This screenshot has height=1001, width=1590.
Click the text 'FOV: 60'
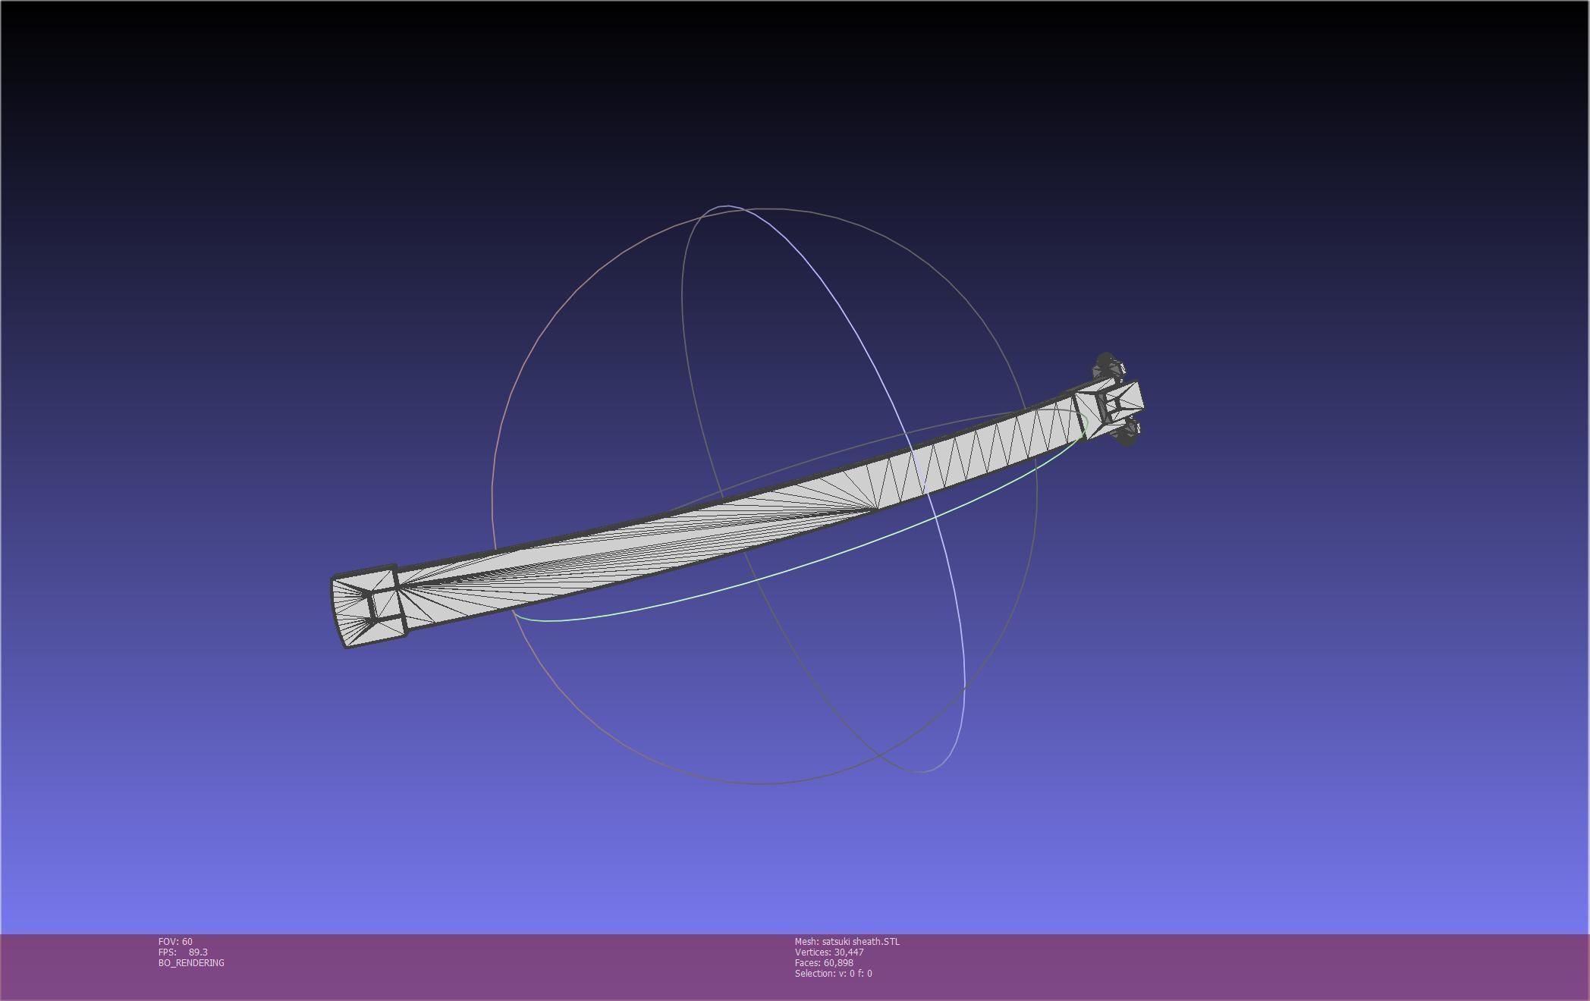point(175,941)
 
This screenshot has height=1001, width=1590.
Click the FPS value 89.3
point(198,952)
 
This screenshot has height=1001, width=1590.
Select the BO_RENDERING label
point(191,962)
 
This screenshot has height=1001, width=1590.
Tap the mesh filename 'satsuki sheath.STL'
point(860,941)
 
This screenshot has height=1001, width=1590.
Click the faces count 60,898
point(838,962)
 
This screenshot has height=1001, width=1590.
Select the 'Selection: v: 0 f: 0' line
point(833,973)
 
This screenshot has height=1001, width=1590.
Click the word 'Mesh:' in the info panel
point(806,941)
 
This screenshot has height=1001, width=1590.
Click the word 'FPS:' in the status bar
point(167,952)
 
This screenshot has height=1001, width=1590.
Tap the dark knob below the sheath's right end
point(1127,434)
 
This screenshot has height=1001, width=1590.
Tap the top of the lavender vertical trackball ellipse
point(726,206)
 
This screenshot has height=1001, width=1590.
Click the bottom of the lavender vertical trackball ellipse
point(920,772)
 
